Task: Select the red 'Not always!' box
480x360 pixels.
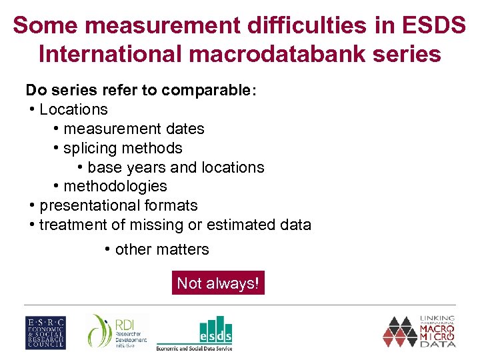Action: point(217,283)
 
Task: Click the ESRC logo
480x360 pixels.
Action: point(45,332)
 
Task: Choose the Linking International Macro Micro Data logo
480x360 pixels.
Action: point(419,331)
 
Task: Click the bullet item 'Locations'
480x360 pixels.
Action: point(73,109)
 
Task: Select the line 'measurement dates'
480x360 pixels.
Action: point(133,129)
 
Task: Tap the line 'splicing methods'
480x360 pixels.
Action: point(122,148)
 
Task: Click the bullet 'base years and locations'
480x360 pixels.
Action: point(175,167)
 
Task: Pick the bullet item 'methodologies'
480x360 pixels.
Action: point(115,186)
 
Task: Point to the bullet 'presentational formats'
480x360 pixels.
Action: point(118,205)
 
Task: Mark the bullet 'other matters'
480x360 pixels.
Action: point(161,249)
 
